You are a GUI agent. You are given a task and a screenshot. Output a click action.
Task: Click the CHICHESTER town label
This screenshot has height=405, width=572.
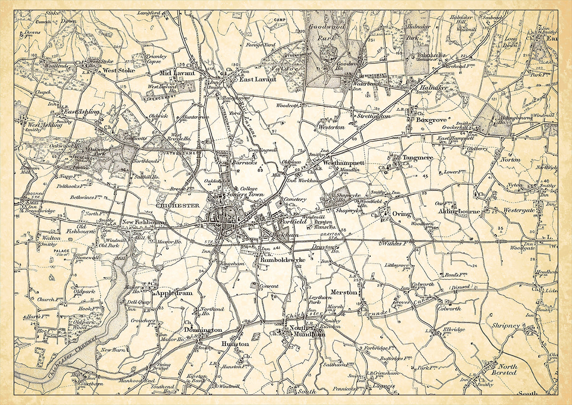178,205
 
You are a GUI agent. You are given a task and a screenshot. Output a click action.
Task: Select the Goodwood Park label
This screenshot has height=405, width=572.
327,32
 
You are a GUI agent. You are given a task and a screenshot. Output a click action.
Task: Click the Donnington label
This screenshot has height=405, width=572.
203,330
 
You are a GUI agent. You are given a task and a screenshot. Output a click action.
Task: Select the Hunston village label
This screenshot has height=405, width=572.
235,344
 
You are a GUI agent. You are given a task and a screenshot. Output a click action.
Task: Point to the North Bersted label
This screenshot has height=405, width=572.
504,369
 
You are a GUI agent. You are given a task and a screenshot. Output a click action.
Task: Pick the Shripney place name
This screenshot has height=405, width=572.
506,326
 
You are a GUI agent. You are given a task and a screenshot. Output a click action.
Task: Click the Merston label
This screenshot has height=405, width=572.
344,292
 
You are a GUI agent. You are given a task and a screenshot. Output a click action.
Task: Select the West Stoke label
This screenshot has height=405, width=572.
119,70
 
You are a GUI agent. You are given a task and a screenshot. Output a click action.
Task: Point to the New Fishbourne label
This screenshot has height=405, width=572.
144,223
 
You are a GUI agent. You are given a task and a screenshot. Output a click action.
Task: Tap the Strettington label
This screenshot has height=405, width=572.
373,116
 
